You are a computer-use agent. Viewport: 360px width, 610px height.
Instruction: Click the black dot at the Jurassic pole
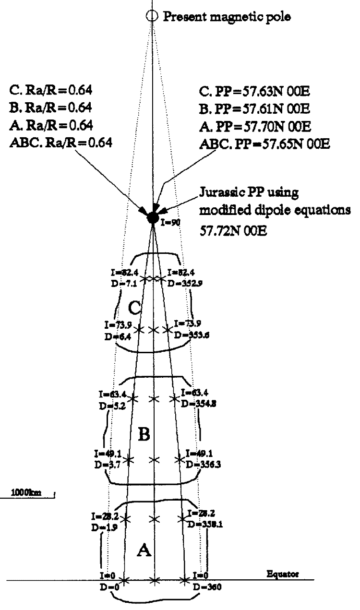point(153,217)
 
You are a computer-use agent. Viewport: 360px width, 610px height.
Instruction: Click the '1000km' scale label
point(19,493)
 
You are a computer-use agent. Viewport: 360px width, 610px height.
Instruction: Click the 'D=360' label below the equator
point(204,587)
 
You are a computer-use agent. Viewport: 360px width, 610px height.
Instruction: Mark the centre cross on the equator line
point(154,581)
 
